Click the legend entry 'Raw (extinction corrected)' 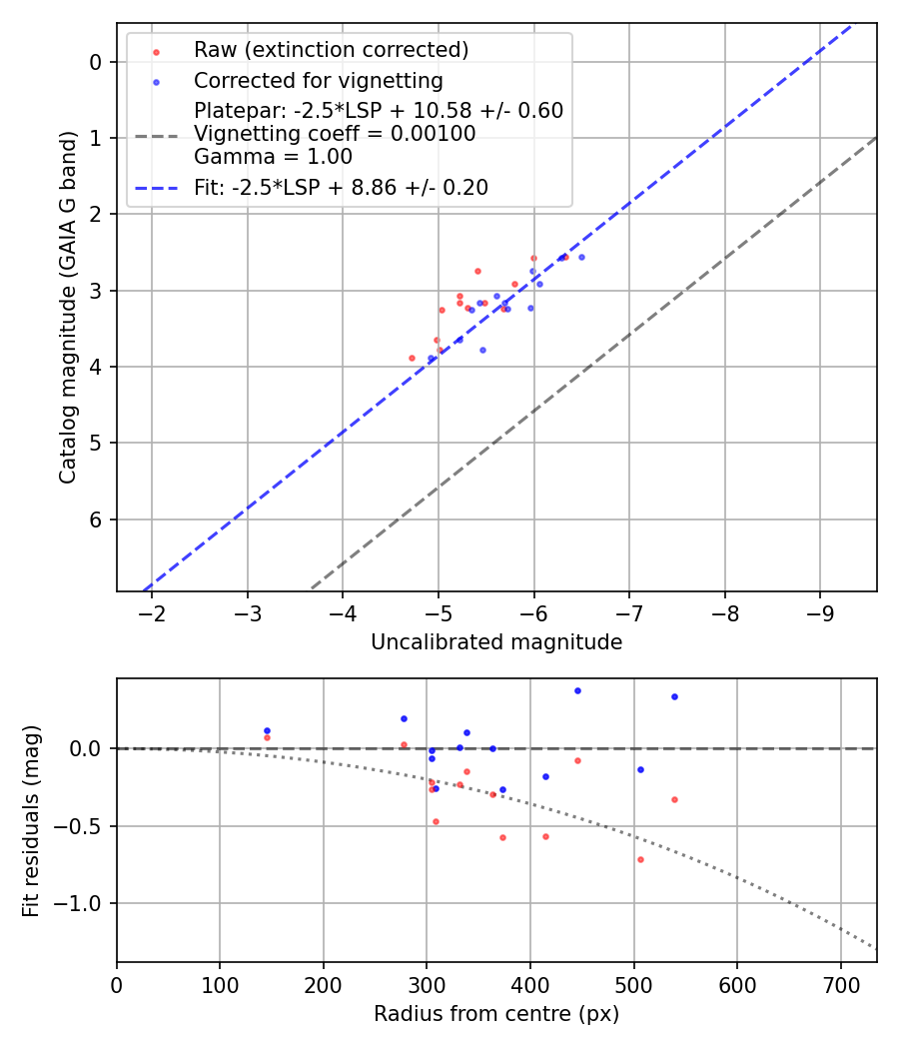[x=331, y=50]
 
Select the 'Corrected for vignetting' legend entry [x=318, y=80]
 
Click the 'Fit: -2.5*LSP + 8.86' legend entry [x=341, y=188]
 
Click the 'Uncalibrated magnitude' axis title [x=496, y=642]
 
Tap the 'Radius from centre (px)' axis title [x=496, y=1014]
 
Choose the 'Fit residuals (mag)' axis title [x=31, y=819]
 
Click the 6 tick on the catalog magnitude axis [x=97, y=520]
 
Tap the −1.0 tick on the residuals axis [x=88, y=903]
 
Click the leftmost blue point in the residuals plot [x=267, y=730]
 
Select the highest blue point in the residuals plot [x=577, y=690]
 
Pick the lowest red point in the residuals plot [x=640, y=859]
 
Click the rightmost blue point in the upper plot [x=581, y=257]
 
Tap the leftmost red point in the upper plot [x=412, y=358]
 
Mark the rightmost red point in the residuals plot [x=674, y=799]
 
